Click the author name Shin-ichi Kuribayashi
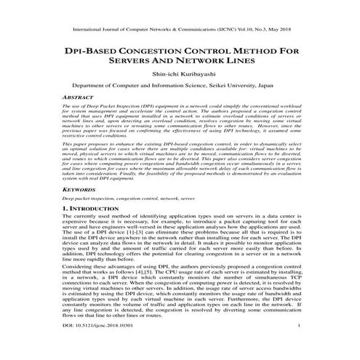[180, 73]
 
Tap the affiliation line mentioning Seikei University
[180, 85]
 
